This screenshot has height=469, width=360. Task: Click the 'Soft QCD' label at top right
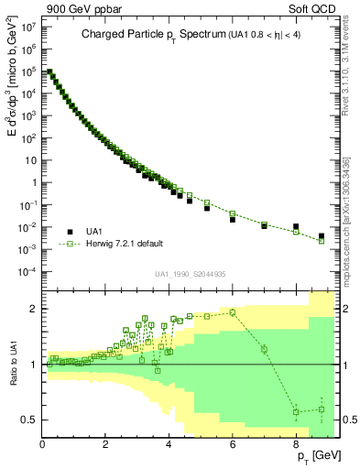coord(316,8)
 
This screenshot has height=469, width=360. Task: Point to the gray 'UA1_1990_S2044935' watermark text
coord(191,273)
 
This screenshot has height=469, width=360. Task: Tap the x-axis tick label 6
coord(233,443)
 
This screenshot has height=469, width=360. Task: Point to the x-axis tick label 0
coord(42,443)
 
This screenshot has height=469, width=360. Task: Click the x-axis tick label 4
coord(169,443)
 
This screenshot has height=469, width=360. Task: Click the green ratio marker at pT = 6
coord(233,312)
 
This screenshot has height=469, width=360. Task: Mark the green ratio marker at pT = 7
coord(264,349)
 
